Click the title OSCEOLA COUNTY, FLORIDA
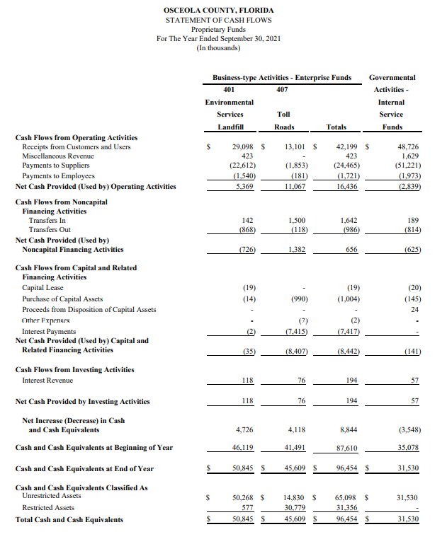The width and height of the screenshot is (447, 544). point(217,11)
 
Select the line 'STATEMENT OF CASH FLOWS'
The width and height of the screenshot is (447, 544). point(217,21)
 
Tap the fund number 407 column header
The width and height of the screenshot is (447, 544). point(282,89)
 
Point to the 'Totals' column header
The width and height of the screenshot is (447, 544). point(336,127)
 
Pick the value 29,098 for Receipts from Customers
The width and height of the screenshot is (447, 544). point(243,146)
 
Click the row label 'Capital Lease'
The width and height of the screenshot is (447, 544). point(44,288)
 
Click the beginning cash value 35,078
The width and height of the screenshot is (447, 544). point(407,448)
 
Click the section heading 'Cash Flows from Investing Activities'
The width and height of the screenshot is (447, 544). point(74,369)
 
